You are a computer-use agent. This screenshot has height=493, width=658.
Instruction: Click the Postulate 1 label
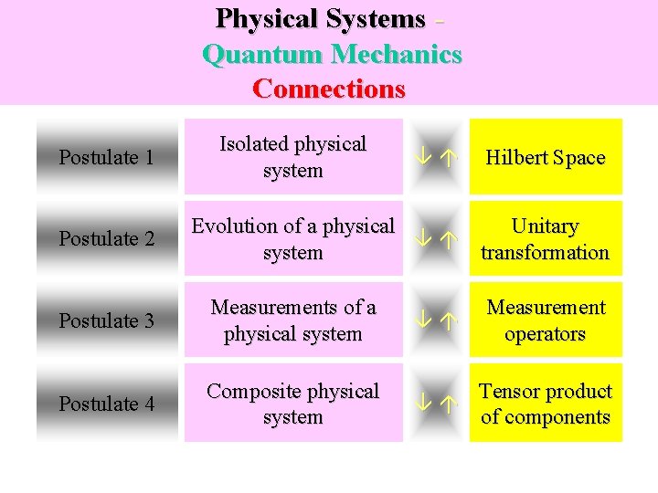[106, 157]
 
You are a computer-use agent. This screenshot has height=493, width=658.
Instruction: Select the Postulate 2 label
[106, 238]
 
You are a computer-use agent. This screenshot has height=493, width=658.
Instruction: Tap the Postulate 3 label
[106, 320]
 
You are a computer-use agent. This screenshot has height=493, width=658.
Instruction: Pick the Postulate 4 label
[106, 403]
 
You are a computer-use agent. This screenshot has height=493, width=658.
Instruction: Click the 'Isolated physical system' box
[292, 157]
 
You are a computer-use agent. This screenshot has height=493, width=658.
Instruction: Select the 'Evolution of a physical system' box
[292, 238]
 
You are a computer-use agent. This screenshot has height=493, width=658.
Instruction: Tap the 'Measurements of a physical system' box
[292, 320]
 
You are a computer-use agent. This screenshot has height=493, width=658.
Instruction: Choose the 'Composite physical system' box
[292, 403]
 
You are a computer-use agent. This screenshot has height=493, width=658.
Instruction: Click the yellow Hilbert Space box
[546, 157]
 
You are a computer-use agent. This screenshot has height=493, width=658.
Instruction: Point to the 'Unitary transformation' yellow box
[546, 238]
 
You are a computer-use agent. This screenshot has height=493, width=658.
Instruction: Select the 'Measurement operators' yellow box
[546, 320]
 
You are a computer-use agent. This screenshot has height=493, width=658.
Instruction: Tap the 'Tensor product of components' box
[546, 403]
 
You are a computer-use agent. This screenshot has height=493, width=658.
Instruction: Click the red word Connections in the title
[329, 89]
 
